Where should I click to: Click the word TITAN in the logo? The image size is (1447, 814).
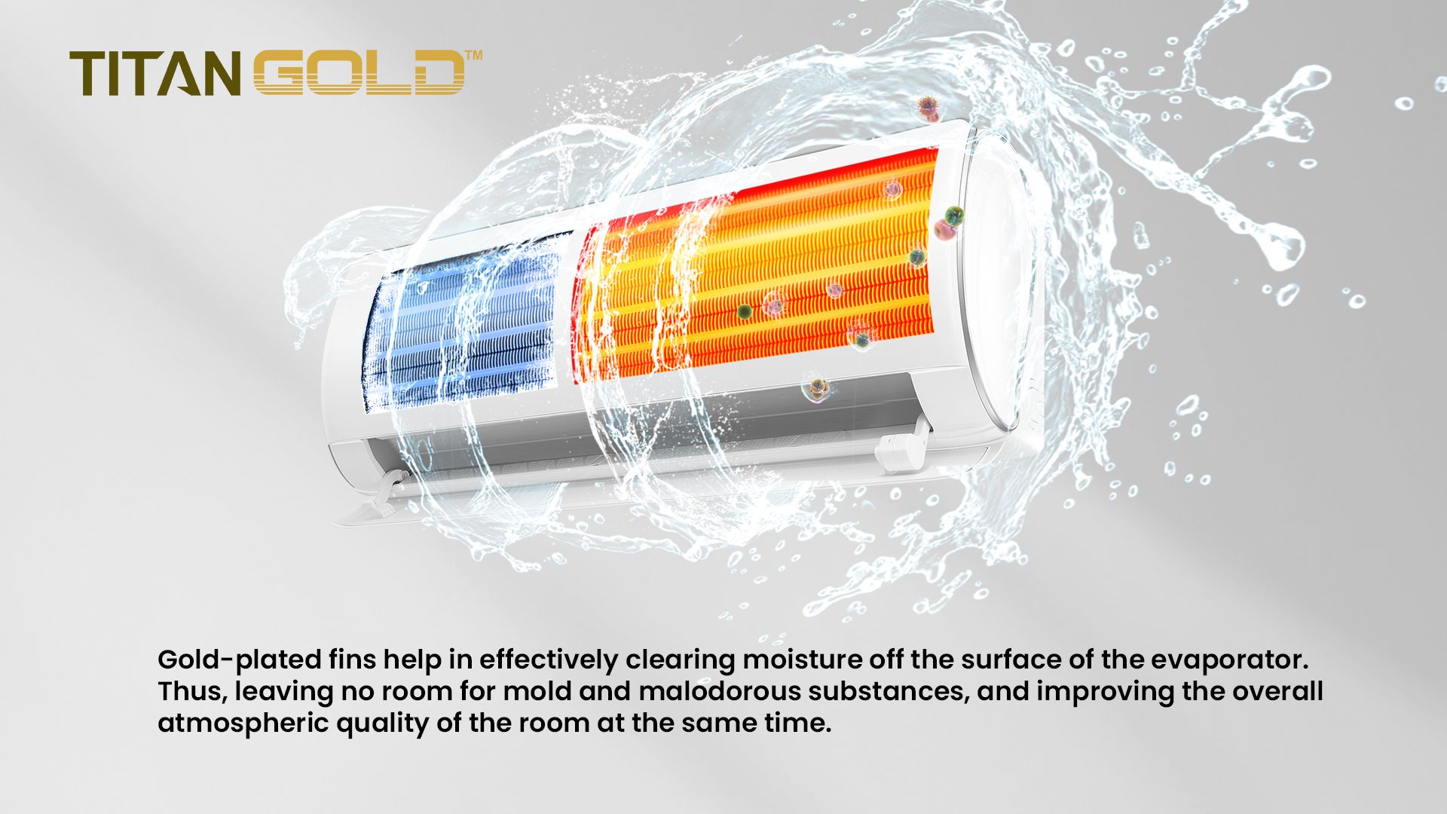[154, 74]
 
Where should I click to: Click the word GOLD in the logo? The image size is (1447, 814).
[359, 73]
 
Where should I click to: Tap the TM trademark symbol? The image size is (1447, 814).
[474, 55]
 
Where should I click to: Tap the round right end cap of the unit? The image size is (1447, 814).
[999, 279]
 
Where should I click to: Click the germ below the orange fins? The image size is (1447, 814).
[815, 388]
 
